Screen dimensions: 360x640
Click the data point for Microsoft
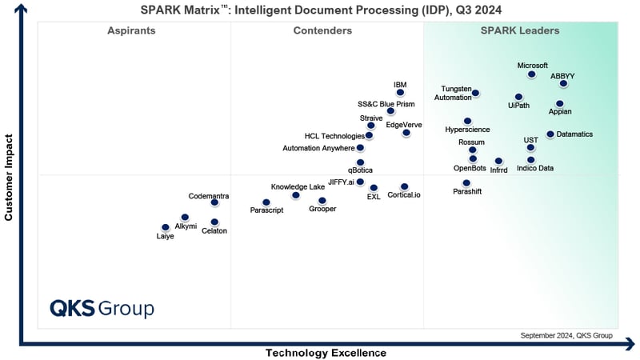pyautogui.click(x=531, y=75)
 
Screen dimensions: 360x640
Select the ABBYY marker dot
pyautogui.click(x=563, y=83)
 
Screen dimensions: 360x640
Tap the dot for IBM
pyautogui.click(x=400, y=93)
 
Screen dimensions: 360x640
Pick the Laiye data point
pyautogui.click(x=165, y=227)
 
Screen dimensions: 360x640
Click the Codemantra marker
pyautogui.click(x=214, y=203)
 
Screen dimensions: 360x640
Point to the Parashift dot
pyautogui.click(x=466, y=183)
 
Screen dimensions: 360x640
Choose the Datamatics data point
pyautogui.click(x=550, y=134)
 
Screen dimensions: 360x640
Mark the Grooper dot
pyautogui.click(x=322, y=201)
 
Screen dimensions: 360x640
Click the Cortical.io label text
pyautogui.click(x=404, y=195)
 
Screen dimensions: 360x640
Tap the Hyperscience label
pyautogui.click(x=467, y=130)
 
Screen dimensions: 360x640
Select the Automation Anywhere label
pyautogui.click(x=318, y=148)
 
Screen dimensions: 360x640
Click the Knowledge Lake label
pyautogui.click(x=298, y=186)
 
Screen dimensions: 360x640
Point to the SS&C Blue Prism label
pyautogui.click(x=386, y=104)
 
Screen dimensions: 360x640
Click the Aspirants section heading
pyautogui.click(x=131, y=31)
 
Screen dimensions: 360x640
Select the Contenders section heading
pyautogui.click(x=322, y=31)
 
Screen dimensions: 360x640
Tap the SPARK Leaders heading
pyautogui.click(x=519, y=31)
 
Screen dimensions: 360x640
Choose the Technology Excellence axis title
pyautogui.click(x=326, y=353)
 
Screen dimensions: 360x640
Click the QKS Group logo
pyautogui.click(x=102, y=309)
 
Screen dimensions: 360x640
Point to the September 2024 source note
pyautogui.click(x=566, y=335)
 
